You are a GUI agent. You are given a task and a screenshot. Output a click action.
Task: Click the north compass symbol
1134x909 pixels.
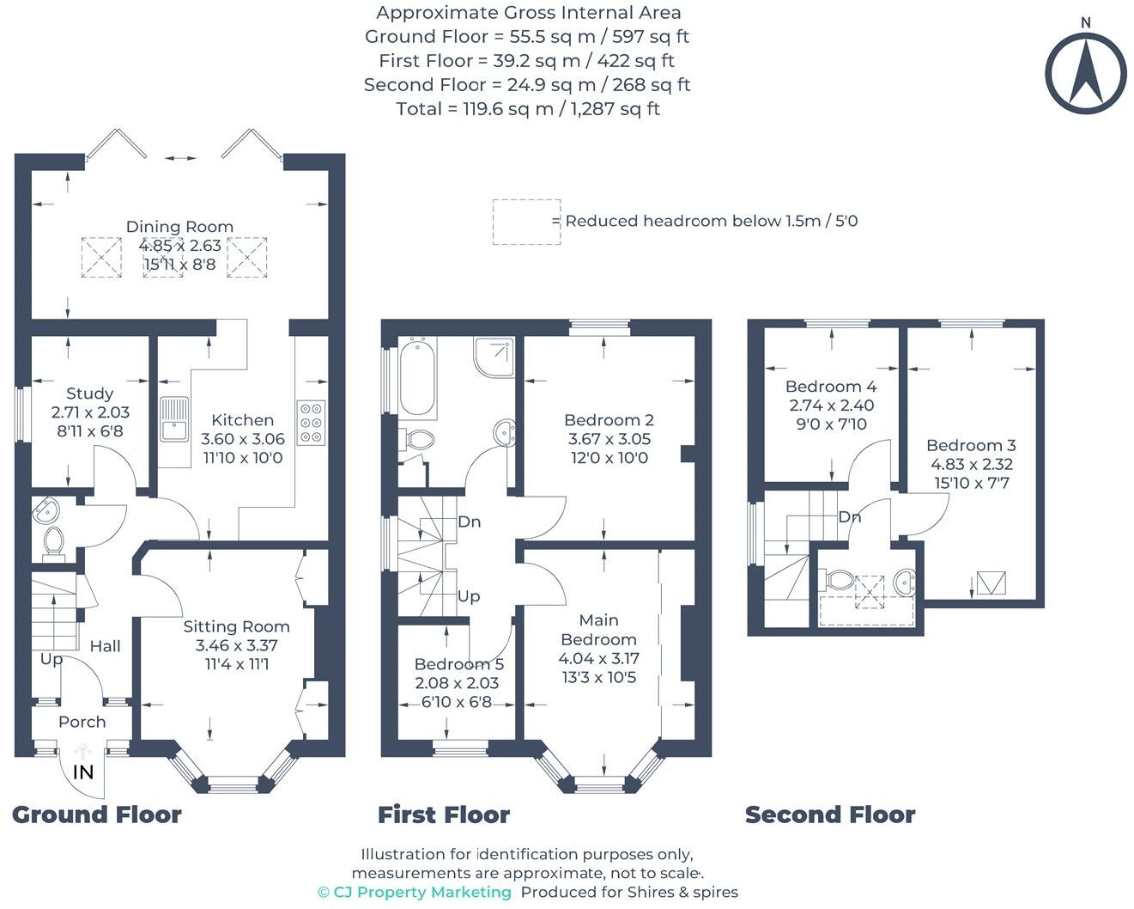coord(1085,73)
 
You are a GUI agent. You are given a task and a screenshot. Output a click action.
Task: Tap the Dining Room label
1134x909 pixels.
coord(179,227)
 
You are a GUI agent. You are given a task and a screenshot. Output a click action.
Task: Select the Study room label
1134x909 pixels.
coord(90,393)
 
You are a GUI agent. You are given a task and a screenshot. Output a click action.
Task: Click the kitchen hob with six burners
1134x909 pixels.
coord(311,423)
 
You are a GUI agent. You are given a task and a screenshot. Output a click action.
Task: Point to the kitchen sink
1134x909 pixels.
coord(174,418)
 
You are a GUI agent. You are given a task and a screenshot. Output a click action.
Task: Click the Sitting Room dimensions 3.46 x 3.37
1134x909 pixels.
coord(236,645)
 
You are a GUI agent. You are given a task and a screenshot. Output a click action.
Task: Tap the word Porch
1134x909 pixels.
coord(82,722)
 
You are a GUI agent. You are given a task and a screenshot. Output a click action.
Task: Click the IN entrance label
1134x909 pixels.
coord(83,772)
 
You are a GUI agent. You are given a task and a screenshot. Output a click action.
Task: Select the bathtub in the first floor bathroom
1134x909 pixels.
coord(418,378)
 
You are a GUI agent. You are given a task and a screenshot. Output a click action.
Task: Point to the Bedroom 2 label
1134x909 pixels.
coord(609,420)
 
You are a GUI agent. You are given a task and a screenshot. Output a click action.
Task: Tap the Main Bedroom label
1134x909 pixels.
coord(598,630)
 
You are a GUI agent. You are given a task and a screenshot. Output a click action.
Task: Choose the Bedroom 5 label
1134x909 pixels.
coord(458,664)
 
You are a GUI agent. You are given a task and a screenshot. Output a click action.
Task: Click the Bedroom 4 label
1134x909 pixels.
coord(830,387)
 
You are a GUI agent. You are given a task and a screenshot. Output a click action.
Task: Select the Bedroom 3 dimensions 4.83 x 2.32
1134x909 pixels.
coord(972,464)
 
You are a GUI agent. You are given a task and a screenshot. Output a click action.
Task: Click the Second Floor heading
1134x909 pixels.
coord(830,814)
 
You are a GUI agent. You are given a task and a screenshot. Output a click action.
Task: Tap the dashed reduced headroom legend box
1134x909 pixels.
coord(526,222)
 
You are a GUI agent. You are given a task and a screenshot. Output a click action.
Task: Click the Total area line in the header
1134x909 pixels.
coord(527,109)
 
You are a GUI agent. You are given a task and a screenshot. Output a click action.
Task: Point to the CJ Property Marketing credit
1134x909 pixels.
coord(415,892)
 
